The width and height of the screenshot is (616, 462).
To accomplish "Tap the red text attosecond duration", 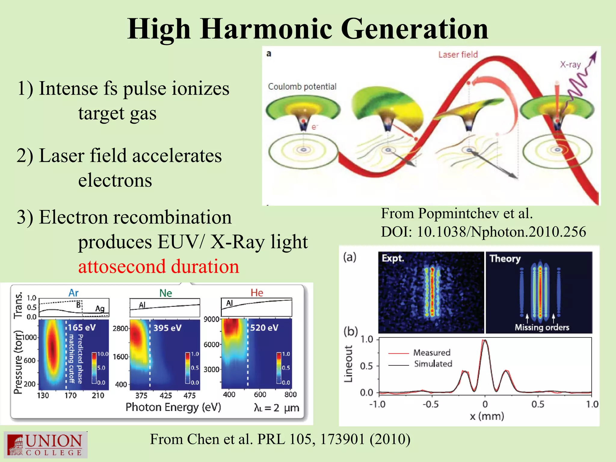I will (159, 266).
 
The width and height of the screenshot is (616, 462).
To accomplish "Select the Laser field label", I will (458, 54).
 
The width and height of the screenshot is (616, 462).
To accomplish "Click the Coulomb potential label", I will (302, 87).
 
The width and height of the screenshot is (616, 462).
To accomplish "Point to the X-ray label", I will (570, 64).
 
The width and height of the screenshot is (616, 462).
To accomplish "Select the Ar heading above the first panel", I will (73, 293).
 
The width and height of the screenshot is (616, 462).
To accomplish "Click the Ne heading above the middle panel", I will (165, 293).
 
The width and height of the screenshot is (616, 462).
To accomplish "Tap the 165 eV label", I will (82, 327).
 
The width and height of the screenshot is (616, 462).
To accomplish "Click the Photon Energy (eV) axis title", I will (173, 407).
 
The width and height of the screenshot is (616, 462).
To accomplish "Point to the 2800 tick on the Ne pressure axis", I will (120, 328).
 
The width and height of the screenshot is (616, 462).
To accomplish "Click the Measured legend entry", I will (432, 353).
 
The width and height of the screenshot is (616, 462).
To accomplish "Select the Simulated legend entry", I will (433, 364).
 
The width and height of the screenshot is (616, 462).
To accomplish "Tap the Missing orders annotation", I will (542, 328).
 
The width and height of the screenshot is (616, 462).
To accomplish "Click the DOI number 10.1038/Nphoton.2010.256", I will (501, 232).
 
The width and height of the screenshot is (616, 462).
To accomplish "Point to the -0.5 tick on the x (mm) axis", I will (431, 404).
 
